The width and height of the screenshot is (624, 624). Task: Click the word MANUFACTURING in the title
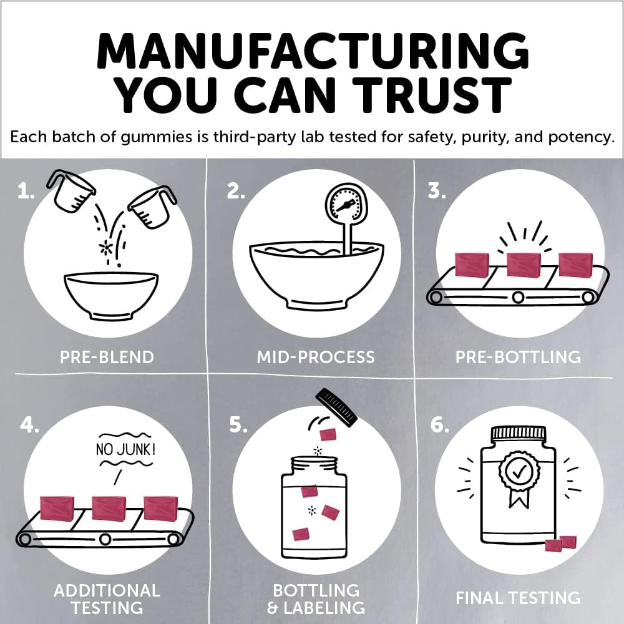(x=313, y=51)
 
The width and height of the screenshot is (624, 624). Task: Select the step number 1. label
(x=26, y=192)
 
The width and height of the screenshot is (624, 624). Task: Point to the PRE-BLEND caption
(x=107, y=357)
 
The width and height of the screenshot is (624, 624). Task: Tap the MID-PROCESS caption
(x=316, y=357)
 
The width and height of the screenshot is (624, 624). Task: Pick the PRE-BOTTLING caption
(x=518, y=357)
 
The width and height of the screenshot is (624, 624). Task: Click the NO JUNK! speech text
(x=125, y=450)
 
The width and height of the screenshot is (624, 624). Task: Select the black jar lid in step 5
(x=337, y=407)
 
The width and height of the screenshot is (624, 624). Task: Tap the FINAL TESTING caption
(x=518, y=598)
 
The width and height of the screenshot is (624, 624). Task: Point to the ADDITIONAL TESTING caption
(x=107, y=599)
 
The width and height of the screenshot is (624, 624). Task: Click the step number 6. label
(x=439, y=425)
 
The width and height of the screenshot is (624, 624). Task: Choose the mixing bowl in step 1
(x=112, y=295)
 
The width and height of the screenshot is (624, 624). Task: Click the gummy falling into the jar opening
(x=328, y=435)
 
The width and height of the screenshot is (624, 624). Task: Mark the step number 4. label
(x=29, y=425)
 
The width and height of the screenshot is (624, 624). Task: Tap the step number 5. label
(x=238, y=425)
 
